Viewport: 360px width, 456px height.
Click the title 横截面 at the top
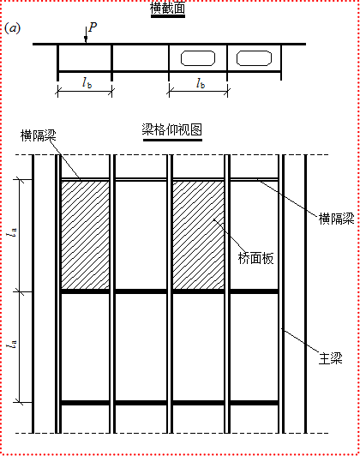pos(167,8)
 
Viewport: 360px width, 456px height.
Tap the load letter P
pos(93,27)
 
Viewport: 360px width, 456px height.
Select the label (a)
pos(13,28)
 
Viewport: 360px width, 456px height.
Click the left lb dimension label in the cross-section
pos(87,83)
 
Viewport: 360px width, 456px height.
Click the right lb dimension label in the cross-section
pos(201,83)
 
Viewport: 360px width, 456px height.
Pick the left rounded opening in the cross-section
pos(198,58)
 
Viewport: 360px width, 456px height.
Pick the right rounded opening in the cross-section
pos(255,58)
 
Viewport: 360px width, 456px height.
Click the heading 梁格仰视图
pos(172,129)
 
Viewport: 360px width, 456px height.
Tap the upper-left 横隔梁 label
pos(38,135)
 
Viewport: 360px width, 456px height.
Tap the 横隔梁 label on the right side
pos(337,219)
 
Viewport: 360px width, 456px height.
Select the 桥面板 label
pos(256,258)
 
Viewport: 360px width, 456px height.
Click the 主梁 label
pos(331,358)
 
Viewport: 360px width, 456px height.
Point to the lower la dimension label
pos(12,345)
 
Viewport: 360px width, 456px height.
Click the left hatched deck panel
pos(85,235)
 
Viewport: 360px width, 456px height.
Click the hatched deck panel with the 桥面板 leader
pos(199,235)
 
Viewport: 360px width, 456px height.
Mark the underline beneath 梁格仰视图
pos(172,140)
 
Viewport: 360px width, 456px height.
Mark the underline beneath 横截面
pos(168,16)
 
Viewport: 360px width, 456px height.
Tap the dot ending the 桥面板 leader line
pos(214,219)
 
